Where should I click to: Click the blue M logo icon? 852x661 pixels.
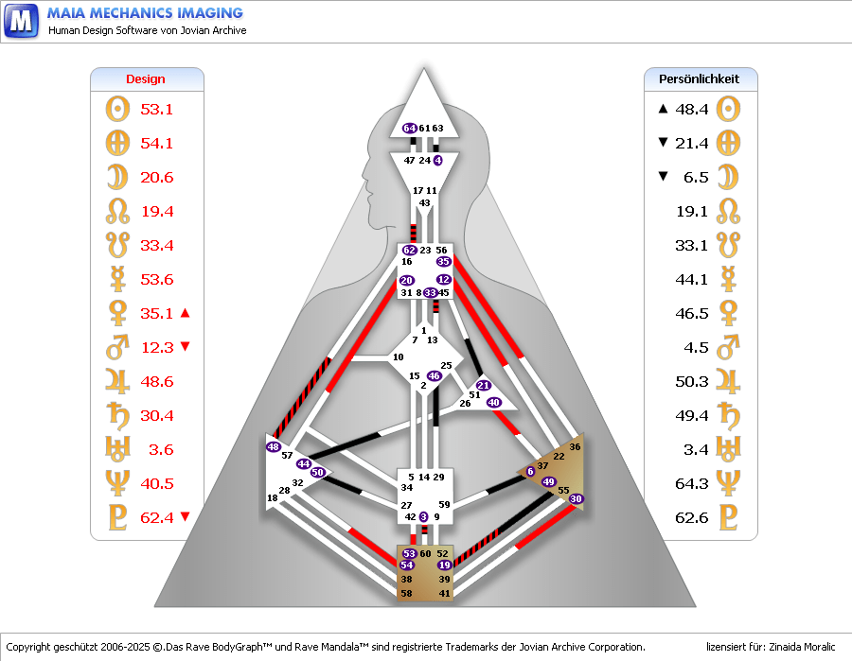[x=21, y=20]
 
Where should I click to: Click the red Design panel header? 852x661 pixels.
[x=146, y=79]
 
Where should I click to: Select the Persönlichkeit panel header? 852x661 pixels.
[x=699, y=79]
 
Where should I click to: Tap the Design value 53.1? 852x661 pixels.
[x=156, y=109]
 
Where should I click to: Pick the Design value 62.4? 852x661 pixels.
[x=156, y=517]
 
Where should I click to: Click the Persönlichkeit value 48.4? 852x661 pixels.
[x=692, y=109]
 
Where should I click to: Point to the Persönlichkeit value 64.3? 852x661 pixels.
[x=692, y=483]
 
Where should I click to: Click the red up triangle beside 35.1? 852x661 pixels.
[x=186, y=313]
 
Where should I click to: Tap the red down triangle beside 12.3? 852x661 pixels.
[x=186, y=347]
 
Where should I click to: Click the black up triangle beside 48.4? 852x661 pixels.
[x=663, y=109]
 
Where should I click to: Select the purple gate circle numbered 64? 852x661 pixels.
[x=410, y=128]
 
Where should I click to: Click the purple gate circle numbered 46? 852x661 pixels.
[x=435, y=375]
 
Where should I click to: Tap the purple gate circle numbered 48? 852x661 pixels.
[x=274, y=446]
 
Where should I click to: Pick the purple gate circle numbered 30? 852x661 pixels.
[x=577, y=498]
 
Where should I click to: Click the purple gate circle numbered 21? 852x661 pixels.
[x=483, y=385]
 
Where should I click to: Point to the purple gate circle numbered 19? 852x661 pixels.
[x=444, y=565]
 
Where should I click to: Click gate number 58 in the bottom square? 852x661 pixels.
[x=407, y=593]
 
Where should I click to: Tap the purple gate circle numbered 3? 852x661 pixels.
[x=424, y=516]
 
